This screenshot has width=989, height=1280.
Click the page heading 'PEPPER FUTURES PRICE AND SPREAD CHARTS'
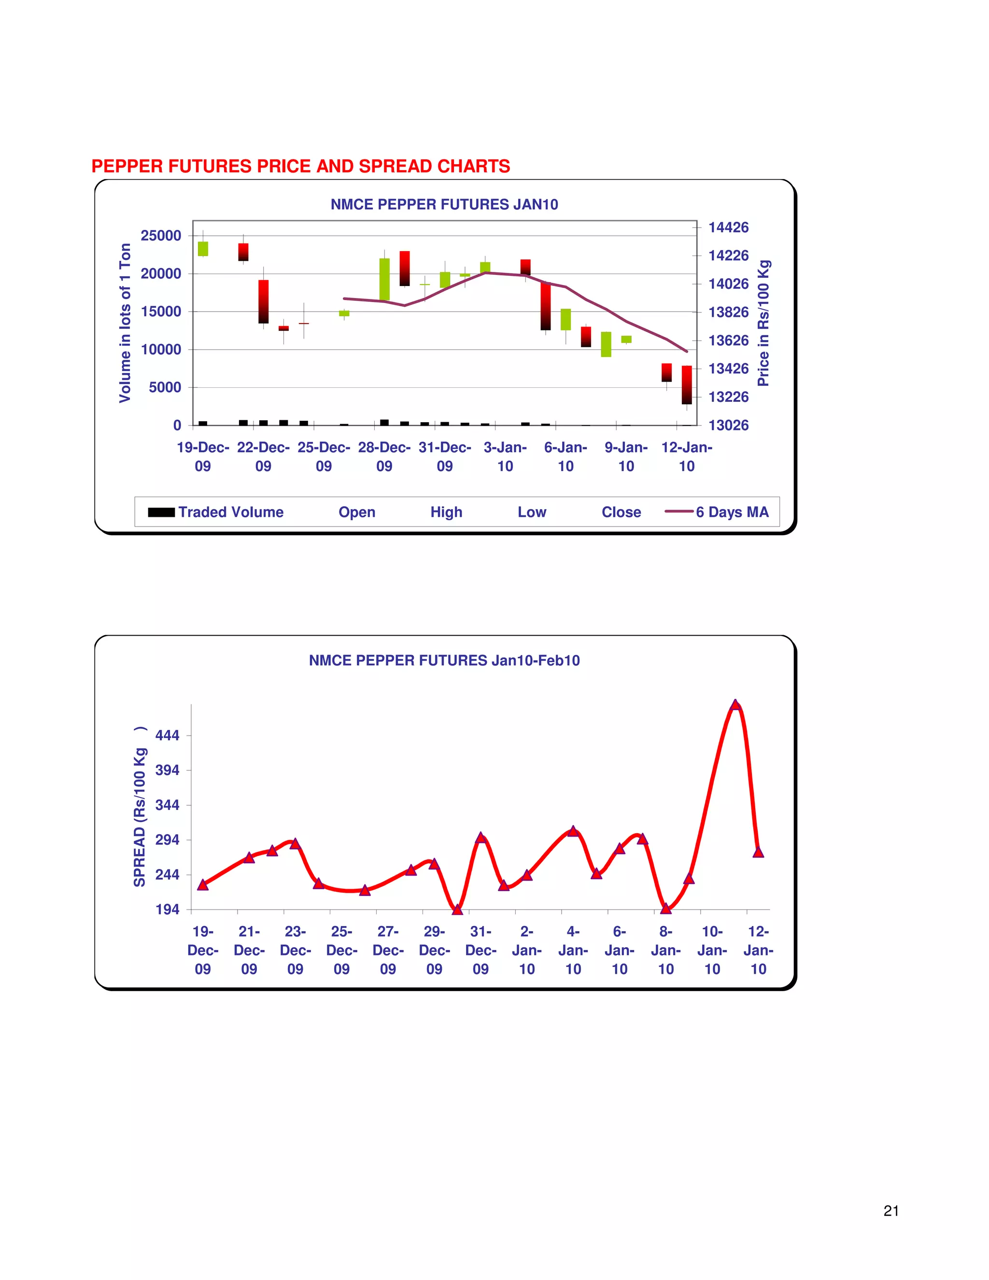point(300,167)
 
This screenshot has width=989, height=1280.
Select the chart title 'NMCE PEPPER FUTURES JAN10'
point(444,204)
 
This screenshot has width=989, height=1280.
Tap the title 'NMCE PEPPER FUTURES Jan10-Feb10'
point(444,660)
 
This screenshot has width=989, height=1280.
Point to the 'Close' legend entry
point(621,512)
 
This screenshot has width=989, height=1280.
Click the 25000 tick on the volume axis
point(161,236)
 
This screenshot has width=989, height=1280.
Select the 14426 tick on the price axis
point(728,228)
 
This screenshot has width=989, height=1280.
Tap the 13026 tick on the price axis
point(728,425)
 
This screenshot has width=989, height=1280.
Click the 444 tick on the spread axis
point(168,736)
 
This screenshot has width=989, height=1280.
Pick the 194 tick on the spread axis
point(168,910)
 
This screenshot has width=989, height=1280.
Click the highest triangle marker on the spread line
point(735,705)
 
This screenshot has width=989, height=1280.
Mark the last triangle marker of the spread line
point(758,852)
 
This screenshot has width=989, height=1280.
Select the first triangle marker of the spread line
point(203,885)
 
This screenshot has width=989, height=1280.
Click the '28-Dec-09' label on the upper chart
point(384,456)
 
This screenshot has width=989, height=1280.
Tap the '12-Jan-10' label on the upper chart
point(687,456)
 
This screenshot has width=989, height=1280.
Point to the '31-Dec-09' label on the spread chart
point(480,950)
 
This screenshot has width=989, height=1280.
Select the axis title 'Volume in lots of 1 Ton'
point(125,323)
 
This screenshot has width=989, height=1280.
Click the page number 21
point(890,1211)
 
